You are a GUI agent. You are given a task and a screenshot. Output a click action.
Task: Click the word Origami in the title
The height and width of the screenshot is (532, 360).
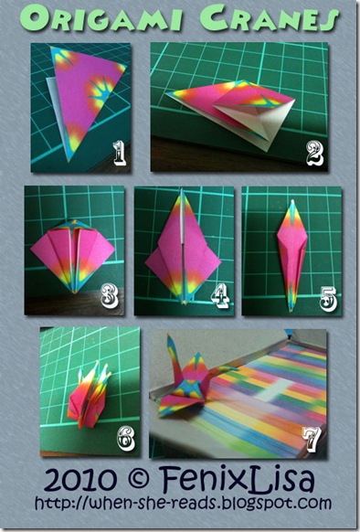[x=101, y=18]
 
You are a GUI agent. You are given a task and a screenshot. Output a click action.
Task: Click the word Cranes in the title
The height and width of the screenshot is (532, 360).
[x=269, y=19]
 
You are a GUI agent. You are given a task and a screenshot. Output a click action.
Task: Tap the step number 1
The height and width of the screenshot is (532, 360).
[x=119, y=154]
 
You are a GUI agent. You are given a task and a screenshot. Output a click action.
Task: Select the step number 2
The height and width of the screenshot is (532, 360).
[x=315, y=154]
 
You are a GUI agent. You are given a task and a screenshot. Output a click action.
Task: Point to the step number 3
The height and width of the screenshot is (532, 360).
[x=110, y=296]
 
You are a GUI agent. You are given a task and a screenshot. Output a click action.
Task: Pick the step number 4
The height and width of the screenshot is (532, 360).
[x=220, y=296]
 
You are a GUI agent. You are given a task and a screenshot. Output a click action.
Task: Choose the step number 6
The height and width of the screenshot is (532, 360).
[x=126, y=439]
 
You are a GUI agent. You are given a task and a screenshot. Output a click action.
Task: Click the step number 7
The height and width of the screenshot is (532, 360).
[x=312, y=440]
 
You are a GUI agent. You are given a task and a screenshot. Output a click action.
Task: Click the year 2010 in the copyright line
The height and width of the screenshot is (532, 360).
[x=80, y=480]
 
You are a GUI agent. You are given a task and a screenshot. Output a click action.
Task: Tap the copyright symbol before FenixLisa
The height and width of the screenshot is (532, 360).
[x=139, y=478]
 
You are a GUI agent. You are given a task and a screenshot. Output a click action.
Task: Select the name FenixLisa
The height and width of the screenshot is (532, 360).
[x=238, y=479]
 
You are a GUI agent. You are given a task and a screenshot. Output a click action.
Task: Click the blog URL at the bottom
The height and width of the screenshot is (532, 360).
[x=184, y=504]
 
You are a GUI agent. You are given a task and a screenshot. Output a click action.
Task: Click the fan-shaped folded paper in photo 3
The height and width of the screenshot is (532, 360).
[x=72, y=254]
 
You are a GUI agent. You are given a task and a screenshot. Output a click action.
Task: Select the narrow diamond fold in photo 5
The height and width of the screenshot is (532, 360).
[x=292, y=254]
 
